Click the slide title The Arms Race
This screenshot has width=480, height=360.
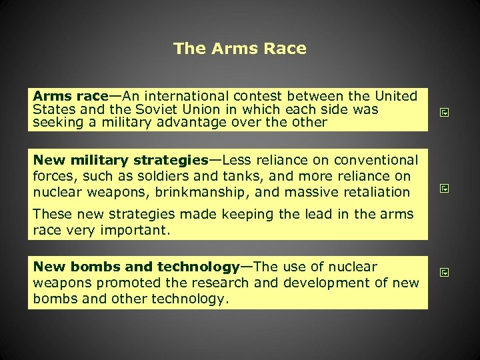(x=239, y=49)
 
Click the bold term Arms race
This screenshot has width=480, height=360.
(x=70, y=96)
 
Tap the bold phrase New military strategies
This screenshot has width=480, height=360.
(x=121, y=160)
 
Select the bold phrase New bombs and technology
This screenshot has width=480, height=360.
(x=137, y=267)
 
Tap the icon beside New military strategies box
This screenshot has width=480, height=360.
(x=445, y=189)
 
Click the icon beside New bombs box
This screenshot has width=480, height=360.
(x=445, y=272)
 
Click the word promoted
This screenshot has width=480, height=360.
(x=126, y=283)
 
